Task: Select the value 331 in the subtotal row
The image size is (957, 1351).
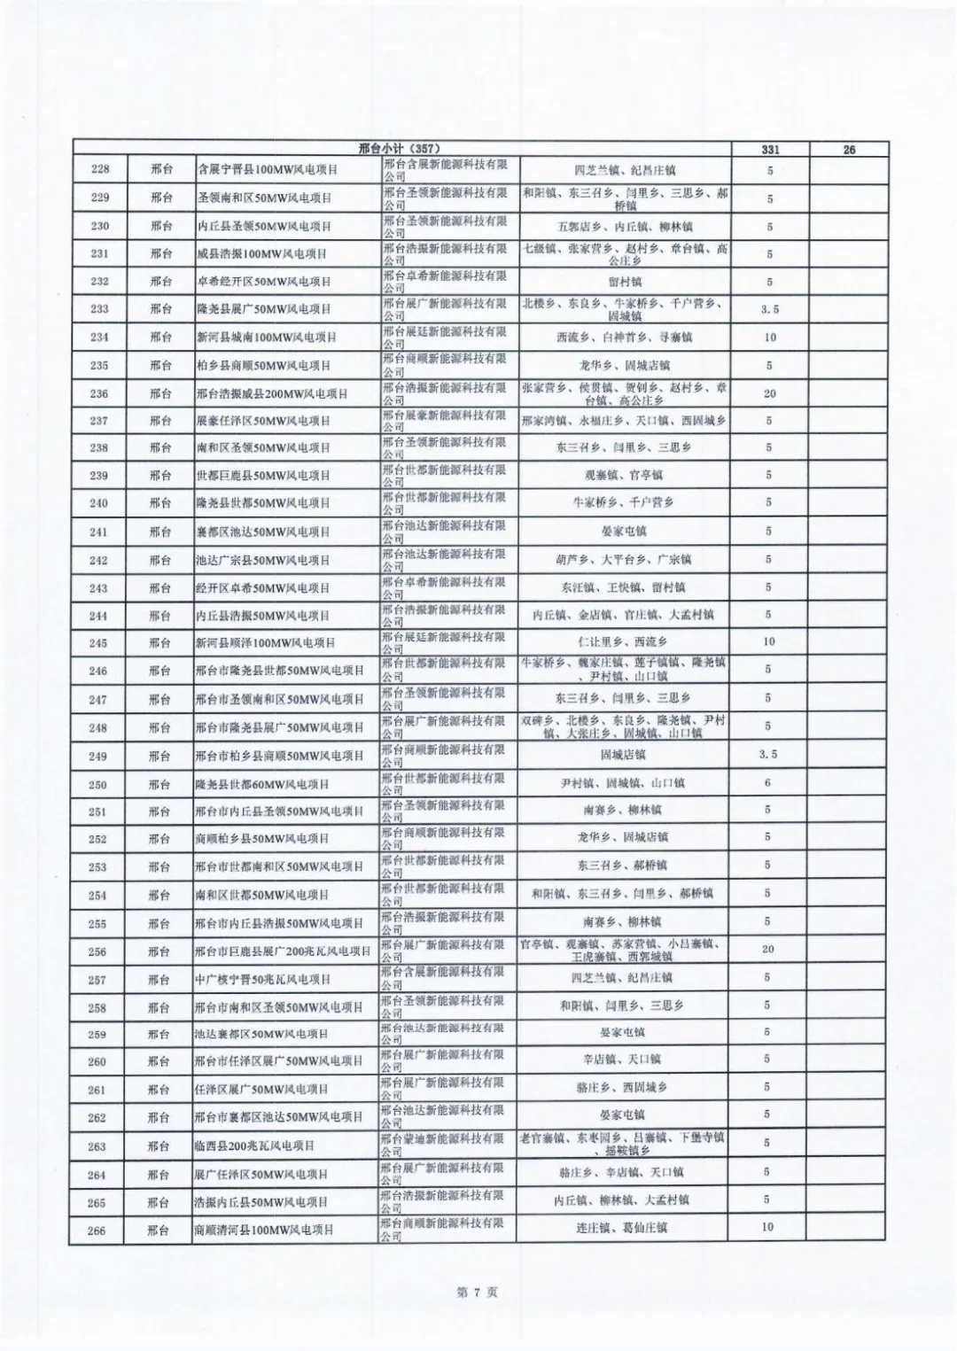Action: (769, 150)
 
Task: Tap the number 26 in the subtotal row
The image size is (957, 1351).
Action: (849, 150)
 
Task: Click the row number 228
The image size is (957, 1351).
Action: (99, 170)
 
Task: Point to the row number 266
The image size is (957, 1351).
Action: (97, 1230)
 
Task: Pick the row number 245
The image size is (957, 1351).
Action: (97, 643)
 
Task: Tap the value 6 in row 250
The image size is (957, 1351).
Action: (767, 783)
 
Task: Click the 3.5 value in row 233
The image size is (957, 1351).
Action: (769, 309)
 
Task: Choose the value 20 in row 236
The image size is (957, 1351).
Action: (769, 393)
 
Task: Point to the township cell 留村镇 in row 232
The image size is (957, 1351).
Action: (625, 282)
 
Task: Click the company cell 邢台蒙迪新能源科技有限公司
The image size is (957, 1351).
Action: (443, 1145)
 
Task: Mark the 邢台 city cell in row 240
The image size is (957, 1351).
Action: (160, 502)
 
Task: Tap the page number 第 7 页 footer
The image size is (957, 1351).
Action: (477, 1293)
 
